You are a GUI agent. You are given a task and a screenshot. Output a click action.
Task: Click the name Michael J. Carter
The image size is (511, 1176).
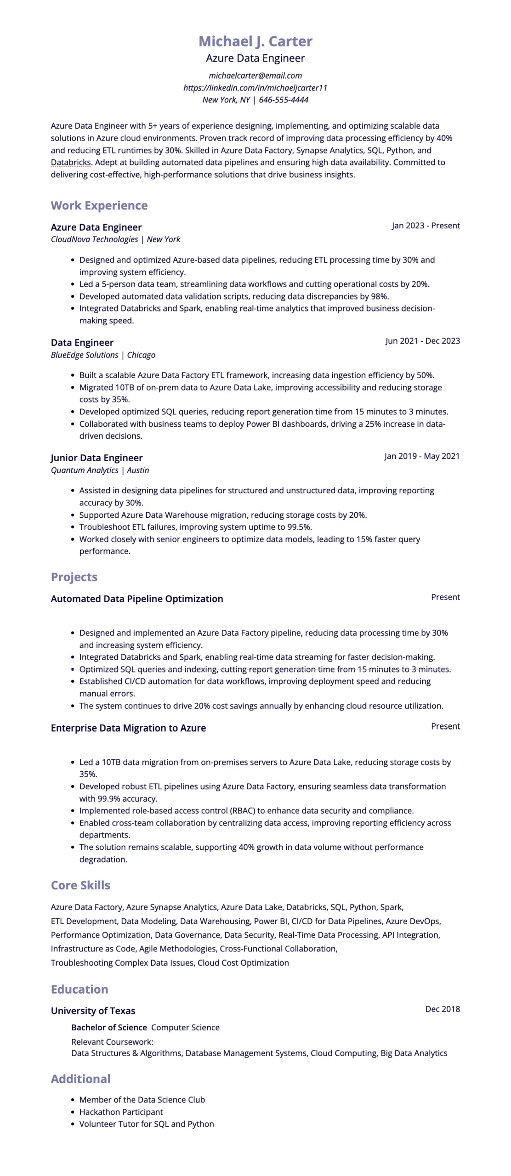[255, 41]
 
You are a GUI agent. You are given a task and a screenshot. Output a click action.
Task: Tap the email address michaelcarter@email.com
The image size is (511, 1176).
[255, 75]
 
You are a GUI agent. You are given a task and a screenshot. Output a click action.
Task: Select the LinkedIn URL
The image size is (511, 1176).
[255, 87]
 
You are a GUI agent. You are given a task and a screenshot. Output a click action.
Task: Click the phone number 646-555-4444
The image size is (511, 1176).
[284, 100]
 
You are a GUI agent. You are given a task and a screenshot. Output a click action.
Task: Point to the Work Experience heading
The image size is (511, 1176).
[99, 205]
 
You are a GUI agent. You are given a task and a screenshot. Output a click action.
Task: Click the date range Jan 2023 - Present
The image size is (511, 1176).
[426, 226]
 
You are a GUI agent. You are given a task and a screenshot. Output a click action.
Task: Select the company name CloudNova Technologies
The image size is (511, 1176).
[94, 239]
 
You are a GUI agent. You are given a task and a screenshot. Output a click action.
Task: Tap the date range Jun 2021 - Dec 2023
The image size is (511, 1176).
[422, 341]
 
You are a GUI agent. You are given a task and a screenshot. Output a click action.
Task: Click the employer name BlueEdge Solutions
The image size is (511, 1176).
[85, 355]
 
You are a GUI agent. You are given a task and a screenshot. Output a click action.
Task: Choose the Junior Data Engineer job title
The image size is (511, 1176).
[97, 458]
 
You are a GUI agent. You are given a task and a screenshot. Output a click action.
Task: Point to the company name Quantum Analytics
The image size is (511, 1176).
[85, 470]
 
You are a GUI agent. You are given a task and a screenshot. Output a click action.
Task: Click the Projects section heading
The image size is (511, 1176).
[74, 577]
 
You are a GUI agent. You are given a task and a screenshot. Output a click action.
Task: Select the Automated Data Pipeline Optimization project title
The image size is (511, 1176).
[137, 599]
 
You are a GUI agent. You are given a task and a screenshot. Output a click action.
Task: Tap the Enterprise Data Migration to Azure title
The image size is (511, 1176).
[128, 728]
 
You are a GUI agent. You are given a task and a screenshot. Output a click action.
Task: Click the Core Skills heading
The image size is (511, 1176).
[80, 885]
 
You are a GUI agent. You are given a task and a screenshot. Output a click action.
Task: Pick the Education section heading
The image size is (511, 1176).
[79, 989]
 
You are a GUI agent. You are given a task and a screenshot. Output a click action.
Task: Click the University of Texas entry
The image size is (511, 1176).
[93, 1011]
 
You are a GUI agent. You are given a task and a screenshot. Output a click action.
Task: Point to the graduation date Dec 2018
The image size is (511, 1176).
[442, 1009]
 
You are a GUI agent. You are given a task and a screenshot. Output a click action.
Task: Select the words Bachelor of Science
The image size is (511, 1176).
[109, 1027]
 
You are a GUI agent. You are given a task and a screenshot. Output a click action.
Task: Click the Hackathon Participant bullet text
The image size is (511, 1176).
[121, 1112]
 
